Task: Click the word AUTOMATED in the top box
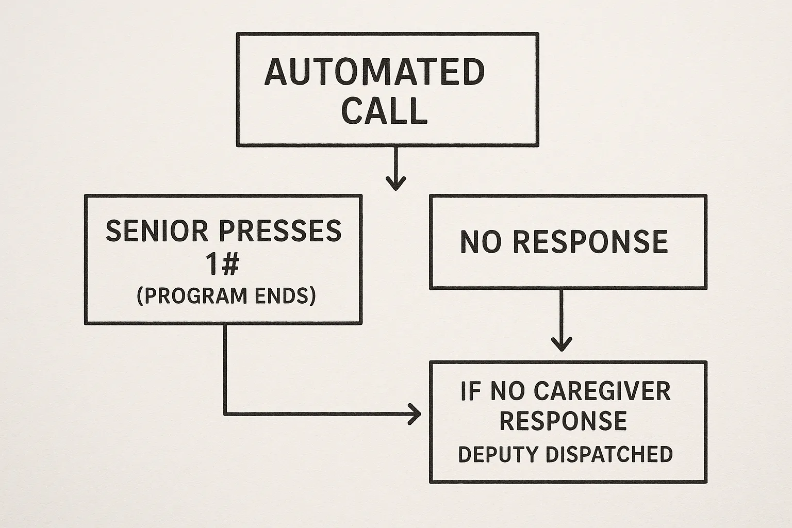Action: [x=375, y=72]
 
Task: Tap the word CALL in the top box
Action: [x=385, y=110]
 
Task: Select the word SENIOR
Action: [x=157, y=230]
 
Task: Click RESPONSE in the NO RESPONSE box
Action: [x=591, y=241]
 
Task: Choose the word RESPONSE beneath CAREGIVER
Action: [x=563, y=421]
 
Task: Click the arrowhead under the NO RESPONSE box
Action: [x=562, y=344]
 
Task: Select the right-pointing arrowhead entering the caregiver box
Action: [x=415, y=414]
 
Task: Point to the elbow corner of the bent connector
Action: [x=225, y=414]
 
